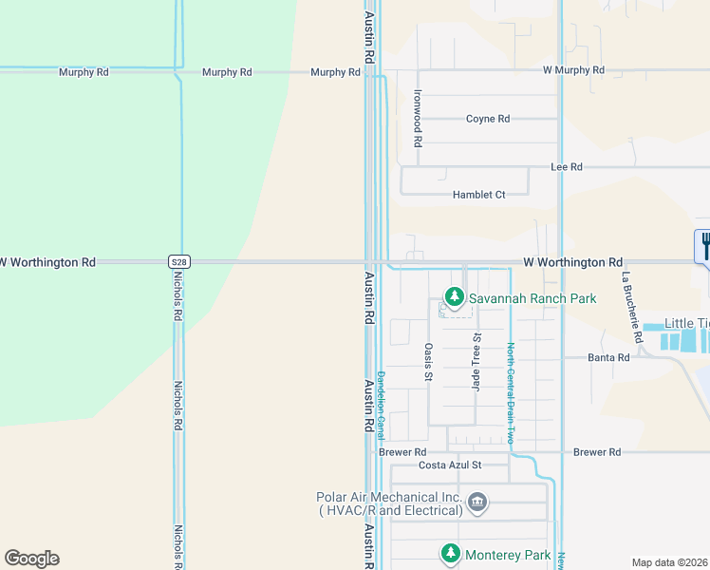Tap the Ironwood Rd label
(417, 118)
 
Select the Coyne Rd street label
(488, 119)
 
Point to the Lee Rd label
(567, 166)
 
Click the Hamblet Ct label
(478, 195)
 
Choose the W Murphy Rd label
(573, 70)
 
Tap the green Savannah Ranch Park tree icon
(455, 297)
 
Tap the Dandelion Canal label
(381, 404)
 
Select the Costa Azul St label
(451, 465)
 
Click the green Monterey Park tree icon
(449, 552)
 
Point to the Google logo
(31, 559)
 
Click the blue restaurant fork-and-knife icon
(704, 246)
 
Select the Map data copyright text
(670, 562)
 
